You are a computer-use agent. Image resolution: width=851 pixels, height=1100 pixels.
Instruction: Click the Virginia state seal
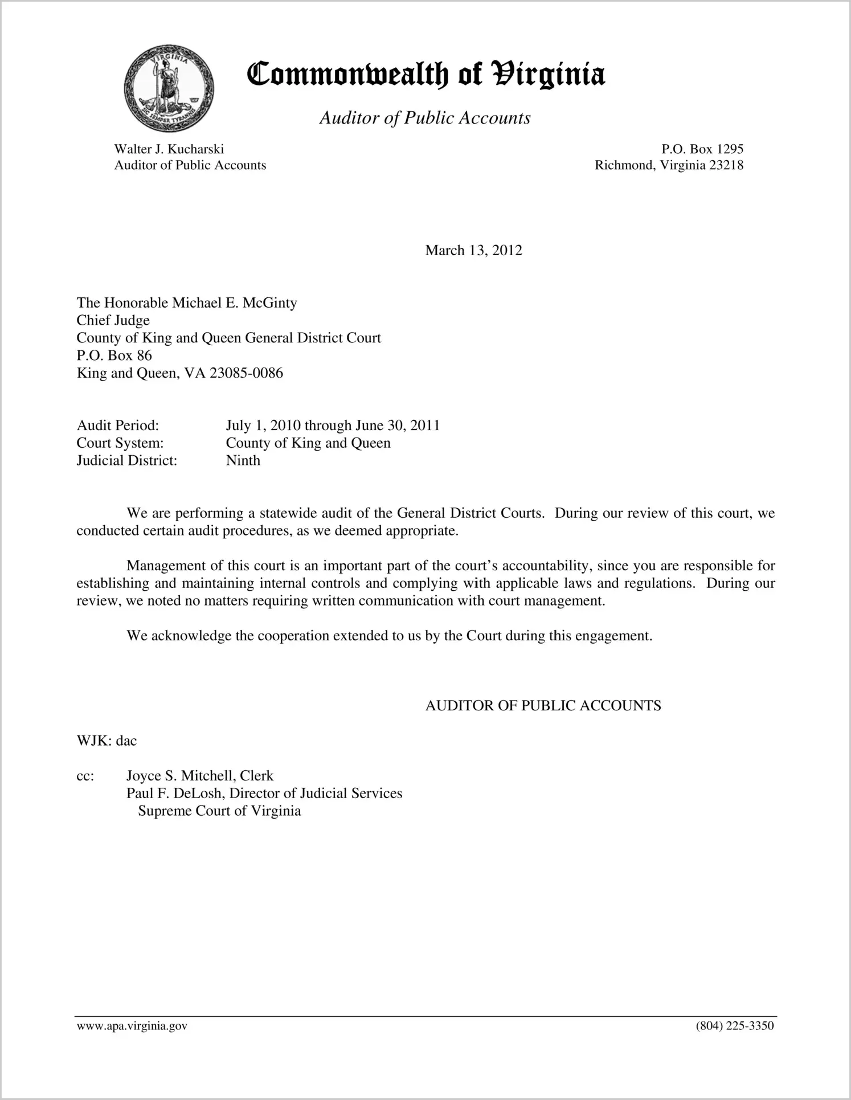[x=169, y=88]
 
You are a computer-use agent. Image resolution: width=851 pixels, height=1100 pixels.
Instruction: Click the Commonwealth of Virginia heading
[x=425, y=75]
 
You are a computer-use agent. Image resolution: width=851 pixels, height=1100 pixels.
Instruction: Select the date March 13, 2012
[x=473, y=251]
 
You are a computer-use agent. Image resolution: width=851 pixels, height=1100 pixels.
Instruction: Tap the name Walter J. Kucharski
[x=169, y=149]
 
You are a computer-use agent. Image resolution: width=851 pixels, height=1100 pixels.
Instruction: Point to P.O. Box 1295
[x=702, y=149]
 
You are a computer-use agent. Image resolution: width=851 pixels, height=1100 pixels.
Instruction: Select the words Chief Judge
[x=113, y=320]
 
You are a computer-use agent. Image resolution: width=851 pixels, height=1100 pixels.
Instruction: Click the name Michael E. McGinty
[x=235, y=302]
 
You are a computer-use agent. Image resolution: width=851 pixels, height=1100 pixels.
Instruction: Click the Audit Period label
[x=117, y=426]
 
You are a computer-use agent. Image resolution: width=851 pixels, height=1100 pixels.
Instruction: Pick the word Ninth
[x=243, y=460]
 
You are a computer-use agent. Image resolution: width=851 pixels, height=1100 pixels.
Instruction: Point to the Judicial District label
[x=127, y=460]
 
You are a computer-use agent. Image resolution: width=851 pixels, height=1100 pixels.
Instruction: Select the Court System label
[x=120, y=443]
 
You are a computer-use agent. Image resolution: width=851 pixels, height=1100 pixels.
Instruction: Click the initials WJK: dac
[x=107, y=741]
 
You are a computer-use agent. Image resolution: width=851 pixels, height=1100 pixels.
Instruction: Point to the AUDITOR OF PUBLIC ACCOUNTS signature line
[x=543, y=706]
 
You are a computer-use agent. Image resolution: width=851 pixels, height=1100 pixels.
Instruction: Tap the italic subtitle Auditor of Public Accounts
[x=425, y=118]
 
